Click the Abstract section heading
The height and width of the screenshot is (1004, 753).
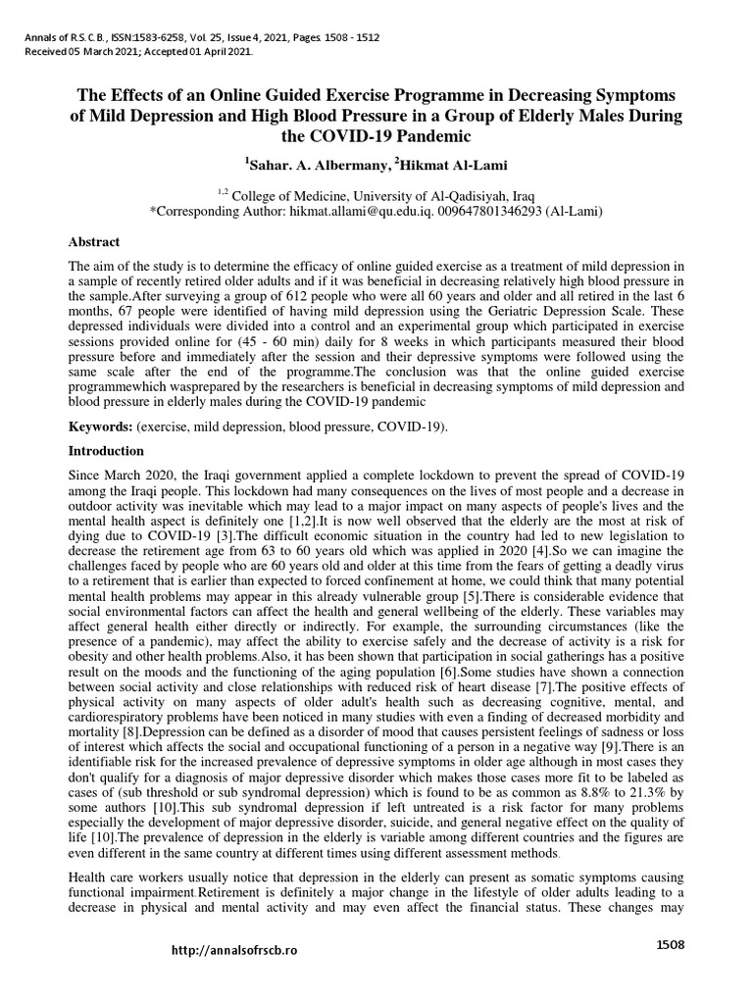[x=94, y=241]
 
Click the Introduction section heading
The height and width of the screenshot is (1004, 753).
[x=105, y=451]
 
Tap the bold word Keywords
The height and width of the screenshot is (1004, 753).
[x=100, y=428]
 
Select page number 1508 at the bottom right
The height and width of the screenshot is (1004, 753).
[x=670, y=944]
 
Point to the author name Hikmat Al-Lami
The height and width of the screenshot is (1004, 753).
[x=448, y=162]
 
